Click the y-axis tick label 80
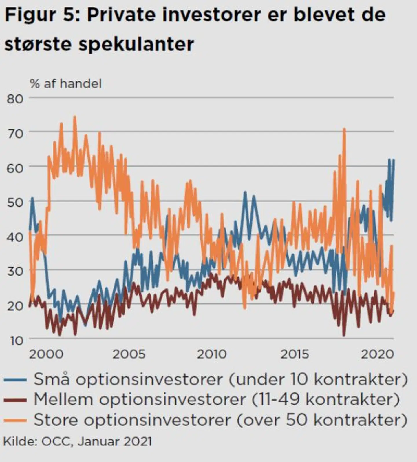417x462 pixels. point(15,99)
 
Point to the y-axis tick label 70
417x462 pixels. point(15,134)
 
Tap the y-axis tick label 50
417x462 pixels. point(15,202)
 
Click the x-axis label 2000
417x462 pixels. point(46,354)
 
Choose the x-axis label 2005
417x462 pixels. point(129,354)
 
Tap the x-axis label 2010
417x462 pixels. point(212,354)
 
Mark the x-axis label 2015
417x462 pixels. point(295,354)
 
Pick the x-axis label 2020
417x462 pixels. point(377,354)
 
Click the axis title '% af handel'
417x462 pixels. point(66,84)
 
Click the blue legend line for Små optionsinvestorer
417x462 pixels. point(15,379)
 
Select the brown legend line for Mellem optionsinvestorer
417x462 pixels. point(15,400)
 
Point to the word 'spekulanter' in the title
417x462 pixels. point(136,44)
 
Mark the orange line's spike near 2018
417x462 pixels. point(344,129)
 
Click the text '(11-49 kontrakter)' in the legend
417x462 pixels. point(325,400)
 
